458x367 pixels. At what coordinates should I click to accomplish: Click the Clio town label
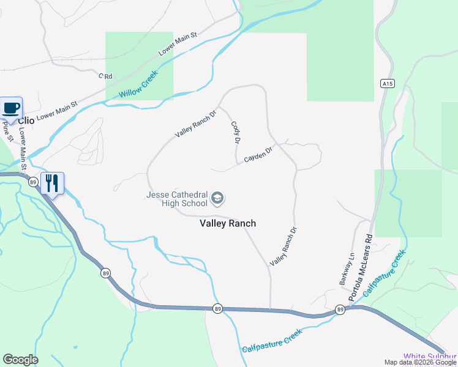pyautogui.click(x=26, y=120)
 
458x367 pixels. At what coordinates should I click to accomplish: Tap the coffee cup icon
pyautogui.click(x=12, y=108)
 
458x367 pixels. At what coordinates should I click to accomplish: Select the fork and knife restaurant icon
pyautogui.click(x=52, y=182)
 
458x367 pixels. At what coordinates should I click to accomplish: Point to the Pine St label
pyautogui.click(x=7, y=130)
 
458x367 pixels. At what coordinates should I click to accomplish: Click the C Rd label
pyautogui.click(x=106, y=76)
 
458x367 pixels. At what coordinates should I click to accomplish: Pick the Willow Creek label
pyautogui.click(x=138, y=84)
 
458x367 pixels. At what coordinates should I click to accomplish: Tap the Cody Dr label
pyautogui.click(x=235, y=132)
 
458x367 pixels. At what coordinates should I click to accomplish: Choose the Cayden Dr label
pyautogui.click(x=258, y=154)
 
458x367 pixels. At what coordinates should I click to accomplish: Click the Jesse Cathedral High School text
pyautogui.click(x=177, y=199)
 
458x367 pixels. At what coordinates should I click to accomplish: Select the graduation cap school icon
pyautogui.click(x=217, y=199)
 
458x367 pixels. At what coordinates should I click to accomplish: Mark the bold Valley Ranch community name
pyautogui.click(x=228, y=223)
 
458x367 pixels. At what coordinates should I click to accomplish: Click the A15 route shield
pyautogui.click(x=386, y=84)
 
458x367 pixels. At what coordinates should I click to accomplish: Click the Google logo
pyautogui.click(x=20, y=360)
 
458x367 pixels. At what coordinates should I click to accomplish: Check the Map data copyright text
pyautogui.click(x=420, y=362)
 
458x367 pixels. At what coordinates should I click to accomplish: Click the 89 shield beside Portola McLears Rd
pyautogui.click(x=340, y=311)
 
